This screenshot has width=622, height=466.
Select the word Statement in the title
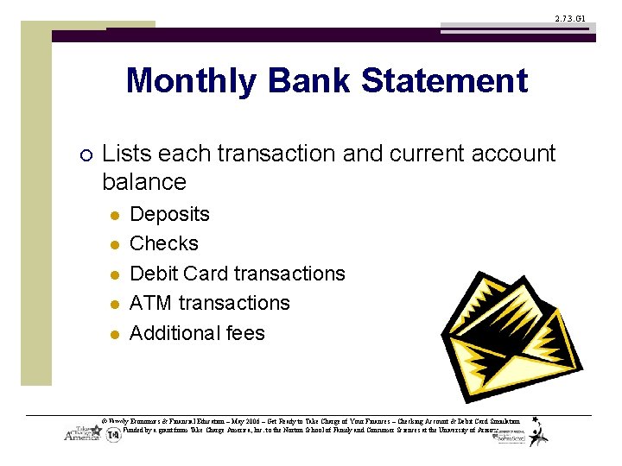point(444,81)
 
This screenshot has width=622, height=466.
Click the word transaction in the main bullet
point(276,154)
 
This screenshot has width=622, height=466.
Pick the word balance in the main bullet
point(144,182)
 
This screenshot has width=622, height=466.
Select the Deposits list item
point(169,214)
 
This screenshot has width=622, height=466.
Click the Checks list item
point(164,243)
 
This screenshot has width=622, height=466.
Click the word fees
point(244,333)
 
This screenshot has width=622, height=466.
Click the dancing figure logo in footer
point(539,431)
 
